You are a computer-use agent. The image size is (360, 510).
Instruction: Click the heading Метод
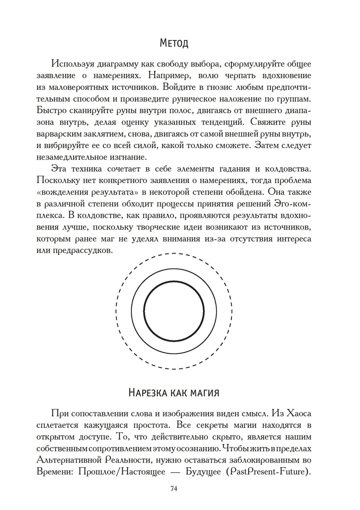(x=174, y=44)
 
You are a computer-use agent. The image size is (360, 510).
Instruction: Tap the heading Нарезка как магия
(x=174, y=392)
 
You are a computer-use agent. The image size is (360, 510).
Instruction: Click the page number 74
(x=174, y=488)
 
